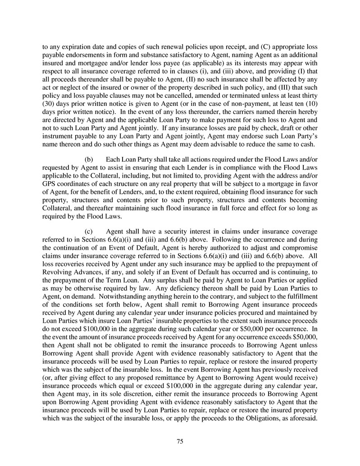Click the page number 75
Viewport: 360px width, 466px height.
click(180, 441)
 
